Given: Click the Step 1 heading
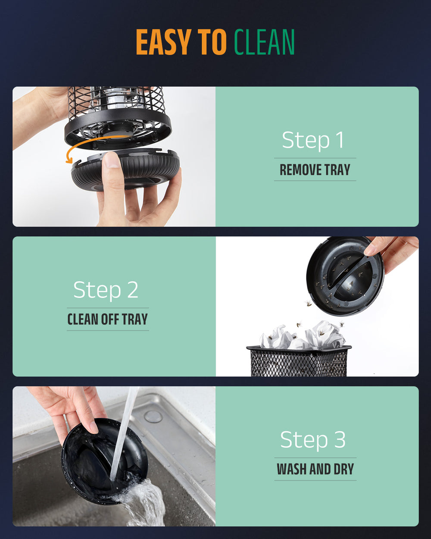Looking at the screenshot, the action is tap(313, 140).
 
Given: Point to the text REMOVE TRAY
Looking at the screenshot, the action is tap(315, 169).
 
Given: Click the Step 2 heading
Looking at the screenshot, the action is tap(106, 290).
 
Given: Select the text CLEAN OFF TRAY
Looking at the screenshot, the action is tap(108, 319).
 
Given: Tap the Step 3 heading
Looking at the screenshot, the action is tap(313, 440).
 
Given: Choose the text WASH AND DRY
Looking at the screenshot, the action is tap(315, 469).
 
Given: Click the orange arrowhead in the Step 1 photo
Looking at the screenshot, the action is tap(69, 160).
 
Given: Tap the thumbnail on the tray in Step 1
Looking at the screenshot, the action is tap(111, 160).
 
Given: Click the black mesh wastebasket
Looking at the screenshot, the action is tap(299, 360).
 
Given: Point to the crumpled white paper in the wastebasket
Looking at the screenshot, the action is tap(303, 335).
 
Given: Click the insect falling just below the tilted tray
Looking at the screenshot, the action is tap(309, 303).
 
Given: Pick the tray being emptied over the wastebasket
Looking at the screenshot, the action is tap(345, 276).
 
